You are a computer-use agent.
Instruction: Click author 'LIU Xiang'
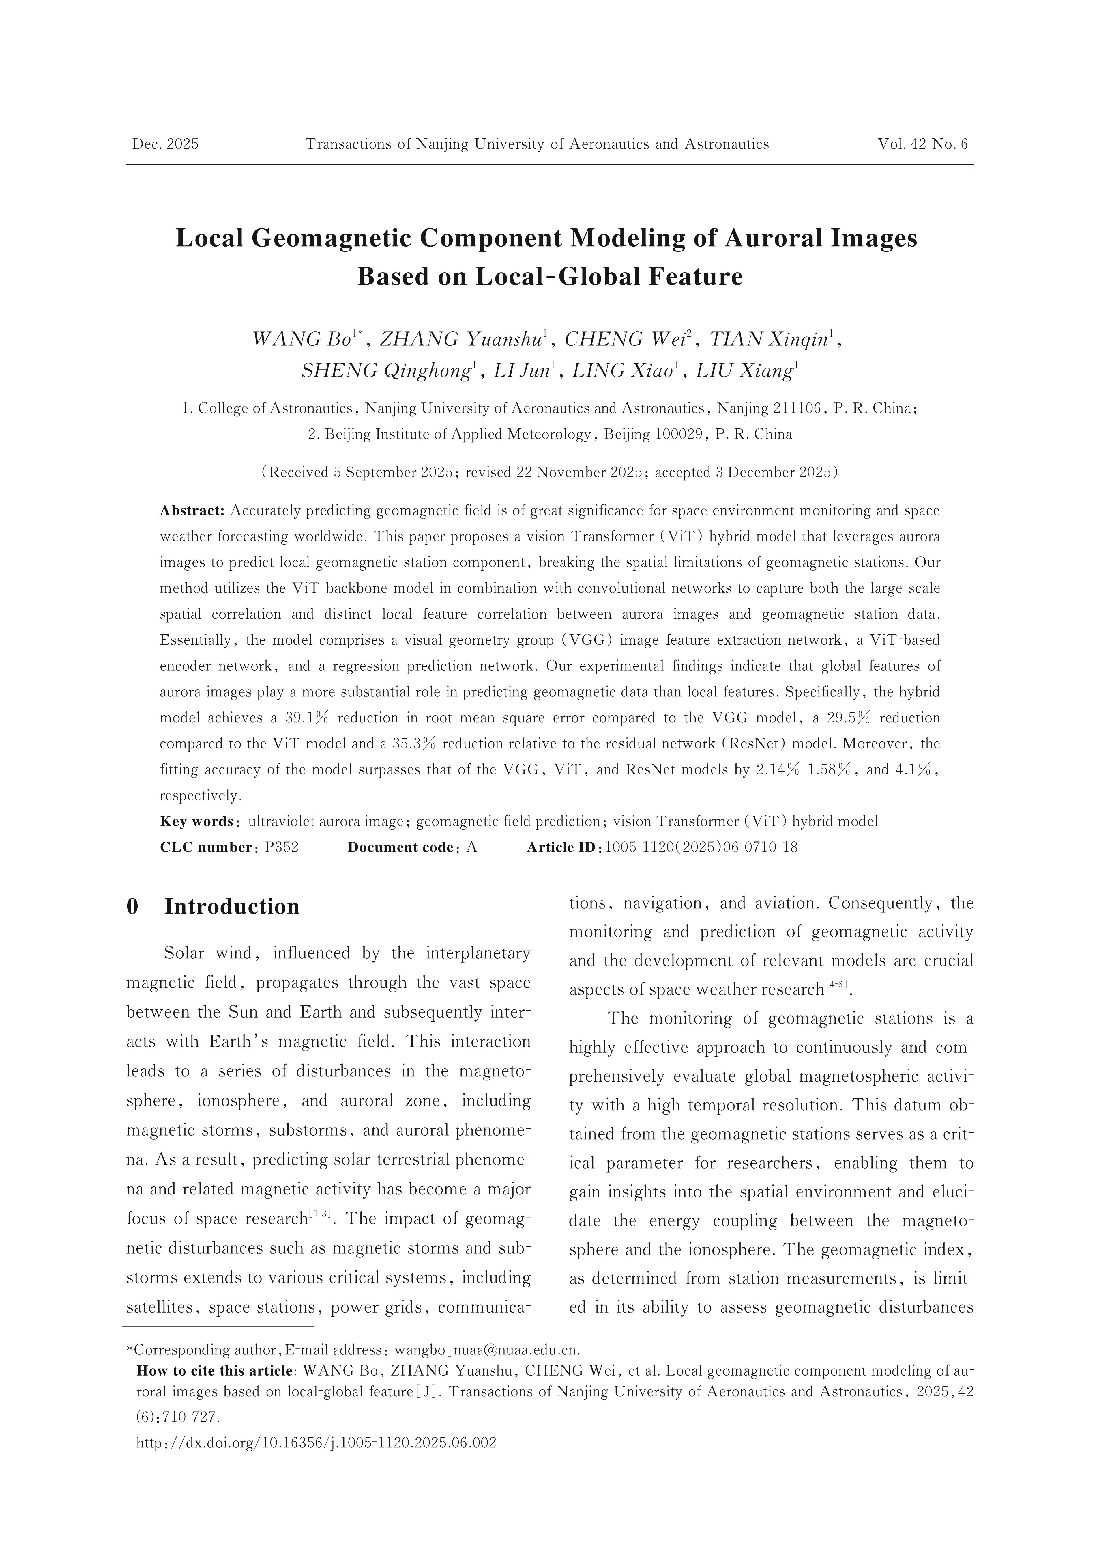point(744,371)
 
